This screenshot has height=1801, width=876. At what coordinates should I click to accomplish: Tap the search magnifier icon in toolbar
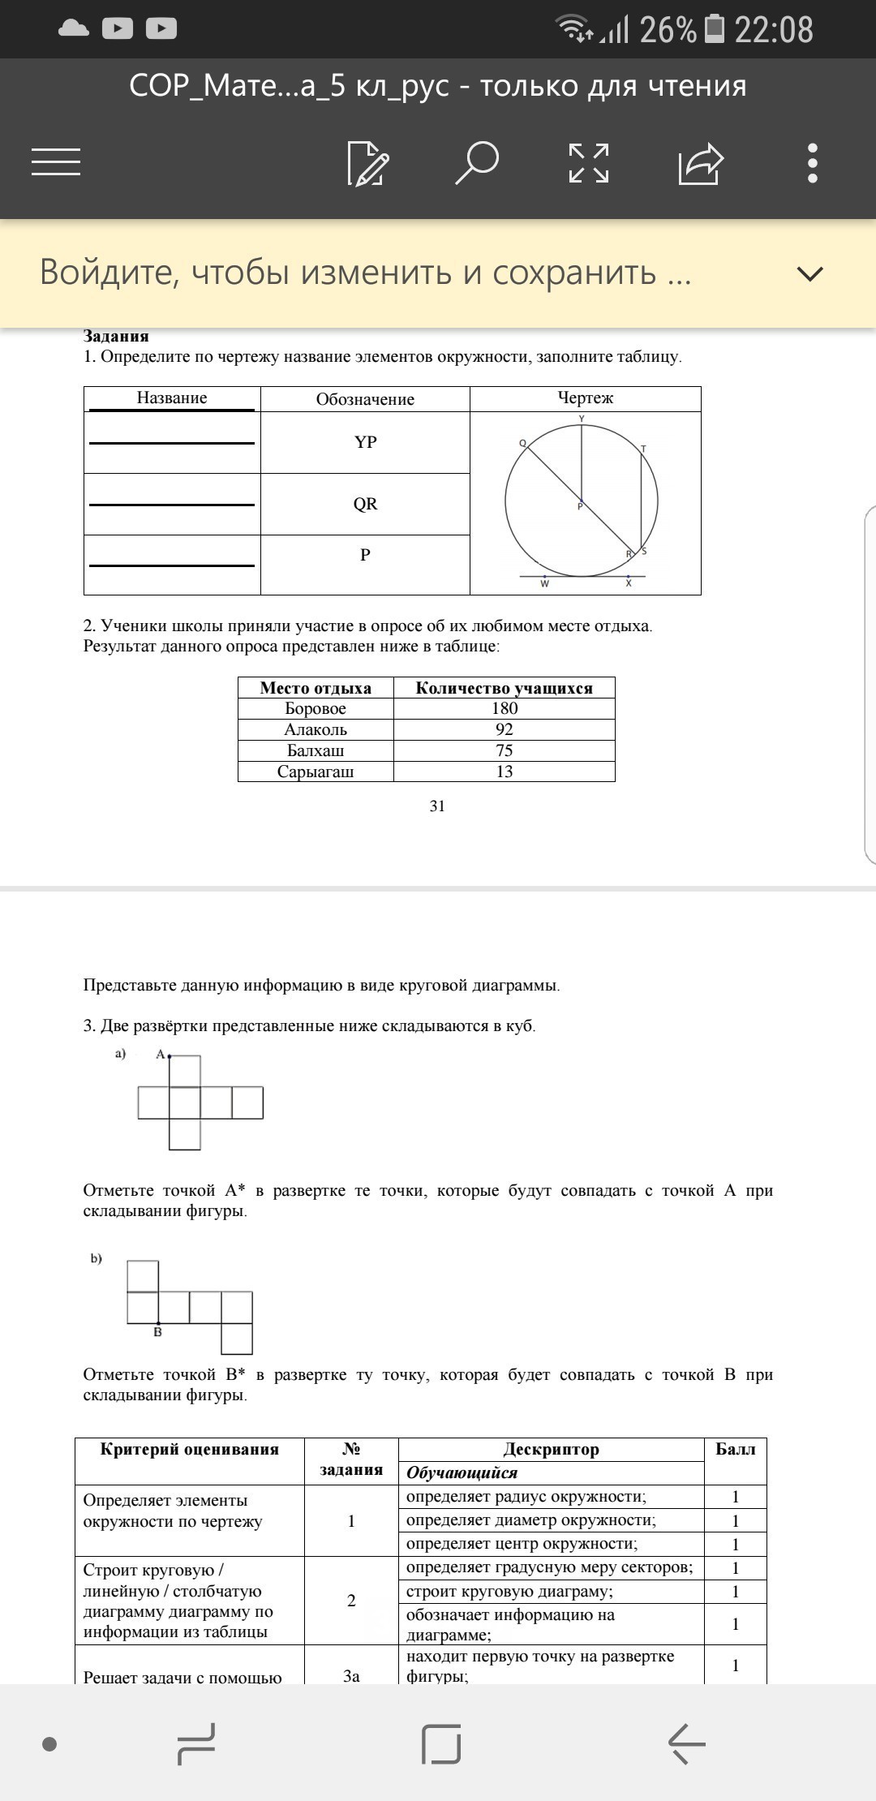pyautogui.click(x=477, y=163)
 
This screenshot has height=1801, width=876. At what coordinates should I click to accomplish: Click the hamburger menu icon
pyautogui.click(x=56, y=161)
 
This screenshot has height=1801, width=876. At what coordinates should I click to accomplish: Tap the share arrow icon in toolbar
pyautogui.click(x=700, y=163)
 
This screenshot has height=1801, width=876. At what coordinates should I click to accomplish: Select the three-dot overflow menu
pyautogui.click(x=813, y=163)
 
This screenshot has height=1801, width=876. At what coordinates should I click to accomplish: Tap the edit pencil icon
pyautogui.click(x=367, y=163)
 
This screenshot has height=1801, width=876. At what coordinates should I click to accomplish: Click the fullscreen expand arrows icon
pyautogui.click(x=589, y=163)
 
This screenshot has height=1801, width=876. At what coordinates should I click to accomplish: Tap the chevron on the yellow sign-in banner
pyautogui.click(x=809, y=273)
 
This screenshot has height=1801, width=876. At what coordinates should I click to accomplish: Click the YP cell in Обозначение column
pyautogui.click(x=365, y=442)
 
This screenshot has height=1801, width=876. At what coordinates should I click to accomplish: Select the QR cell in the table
pyautogui.click(x=365, y=504)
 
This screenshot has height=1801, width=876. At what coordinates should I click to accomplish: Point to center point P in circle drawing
pyautogui.click(x=581, y=501)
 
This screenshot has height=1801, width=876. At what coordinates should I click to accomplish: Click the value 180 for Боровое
pyautogui.click(x=504, y=708)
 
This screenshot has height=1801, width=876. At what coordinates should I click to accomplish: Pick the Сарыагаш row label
pyautogui.click(x=316, y=772)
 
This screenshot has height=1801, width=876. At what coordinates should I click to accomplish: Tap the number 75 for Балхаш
pyautogui.click(x=504, y=750)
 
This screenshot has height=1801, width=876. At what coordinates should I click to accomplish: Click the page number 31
pyautogui.click(x=437, y=806)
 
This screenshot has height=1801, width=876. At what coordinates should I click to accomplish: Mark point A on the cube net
pyautogui.click(x=169, y=1056)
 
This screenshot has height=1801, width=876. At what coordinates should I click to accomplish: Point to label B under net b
pyautogui.click(x=157, y=1332)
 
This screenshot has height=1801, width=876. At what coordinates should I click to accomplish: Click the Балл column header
pyautogui.click(x=735, y=1449)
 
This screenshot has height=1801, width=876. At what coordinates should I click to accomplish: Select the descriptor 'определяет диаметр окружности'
pyautogui.click(x=531, y=1519)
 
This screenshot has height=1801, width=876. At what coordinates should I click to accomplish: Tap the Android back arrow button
pyautogui.click(x=686, y=1743)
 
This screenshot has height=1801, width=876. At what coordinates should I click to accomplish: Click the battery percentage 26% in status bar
pyautogui.click(x=667, y=30)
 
